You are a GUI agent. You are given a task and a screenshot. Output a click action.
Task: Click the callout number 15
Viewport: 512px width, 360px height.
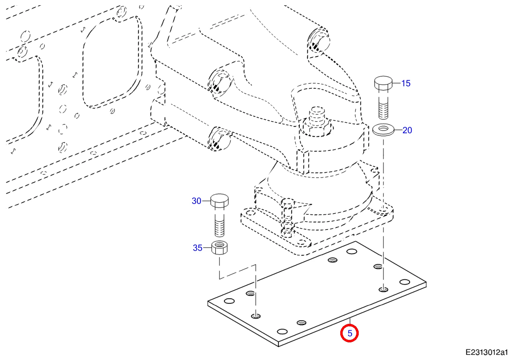[406, 83]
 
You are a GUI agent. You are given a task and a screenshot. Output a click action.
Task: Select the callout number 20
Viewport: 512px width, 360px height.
[407, 130]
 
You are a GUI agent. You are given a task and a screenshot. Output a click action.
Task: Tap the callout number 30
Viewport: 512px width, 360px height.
[196, 201]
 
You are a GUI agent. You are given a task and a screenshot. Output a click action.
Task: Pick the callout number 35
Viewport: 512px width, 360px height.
[198, 248]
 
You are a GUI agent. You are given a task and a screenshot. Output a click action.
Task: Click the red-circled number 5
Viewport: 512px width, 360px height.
[350, 333]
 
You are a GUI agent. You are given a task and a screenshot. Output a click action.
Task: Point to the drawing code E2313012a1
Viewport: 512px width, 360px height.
[487, 352]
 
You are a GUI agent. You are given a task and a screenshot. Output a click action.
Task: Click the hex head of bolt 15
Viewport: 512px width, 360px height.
[383, 83]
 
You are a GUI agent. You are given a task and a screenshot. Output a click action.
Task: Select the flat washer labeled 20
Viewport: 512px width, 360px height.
[383, 130]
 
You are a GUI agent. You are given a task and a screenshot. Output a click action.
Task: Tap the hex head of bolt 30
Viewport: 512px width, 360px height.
[219, 200]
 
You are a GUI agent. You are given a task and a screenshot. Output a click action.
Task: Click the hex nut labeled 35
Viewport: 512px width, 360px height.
[219, 248]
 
